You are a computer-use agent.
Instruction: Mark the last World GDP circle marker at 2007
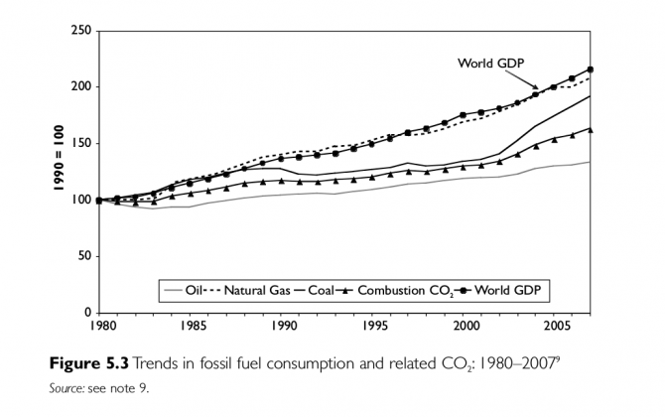591,69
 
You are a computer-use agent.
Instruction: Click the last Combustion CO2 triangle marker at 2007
591,129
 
